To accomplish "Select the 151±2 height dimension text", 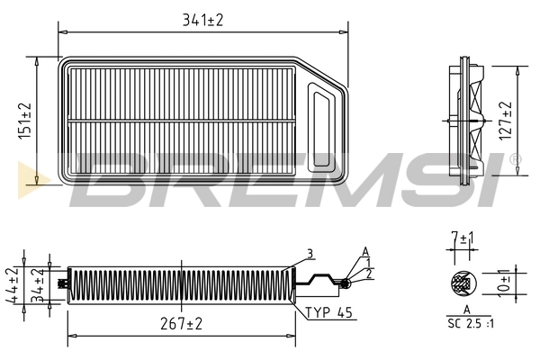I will tap(25, 120).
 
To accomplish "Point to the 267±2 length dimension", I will tap(183, 323).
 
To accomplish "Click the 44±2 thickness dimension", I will tap(13, 283).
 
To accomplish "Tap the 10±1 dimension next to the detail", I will tap(506, 283).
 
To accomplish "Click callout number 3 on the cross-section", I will tap(309, 253).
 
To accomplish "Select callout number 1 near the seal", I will tap(367, 262).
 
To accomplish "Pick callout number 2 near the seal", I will tap(367, 273).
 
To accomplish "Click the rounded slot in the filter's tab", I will tap(321, 121).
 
